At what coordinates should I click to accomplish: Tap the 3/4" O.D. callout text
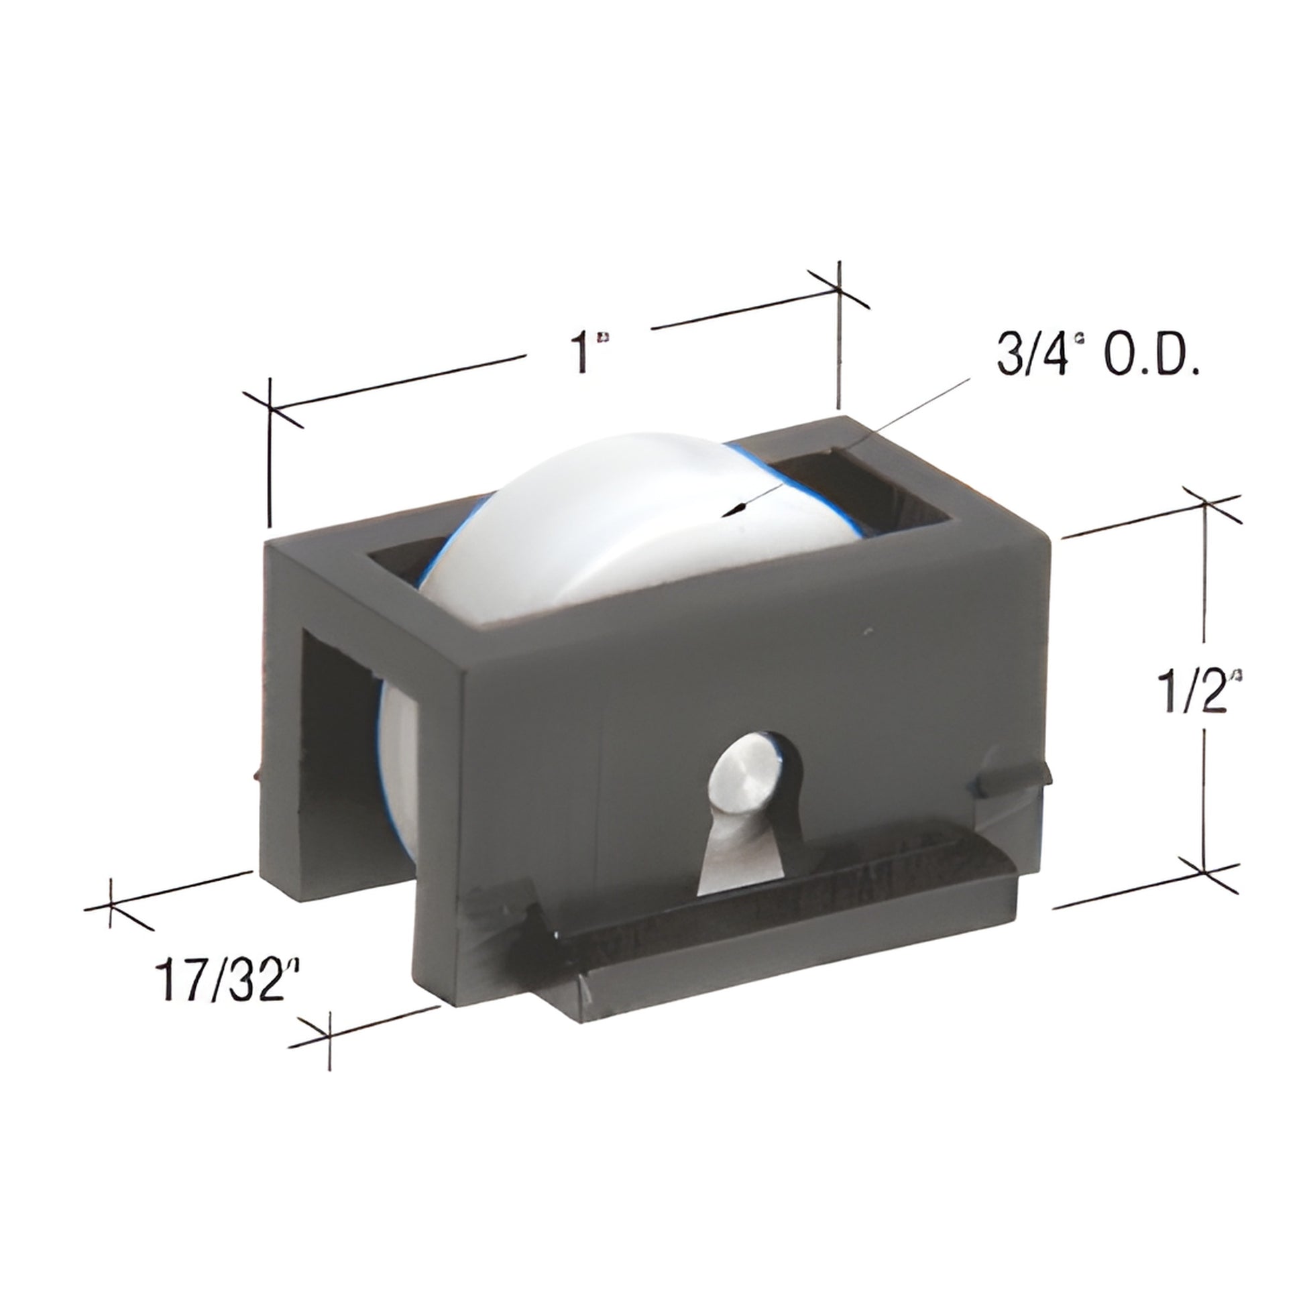1098,356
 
